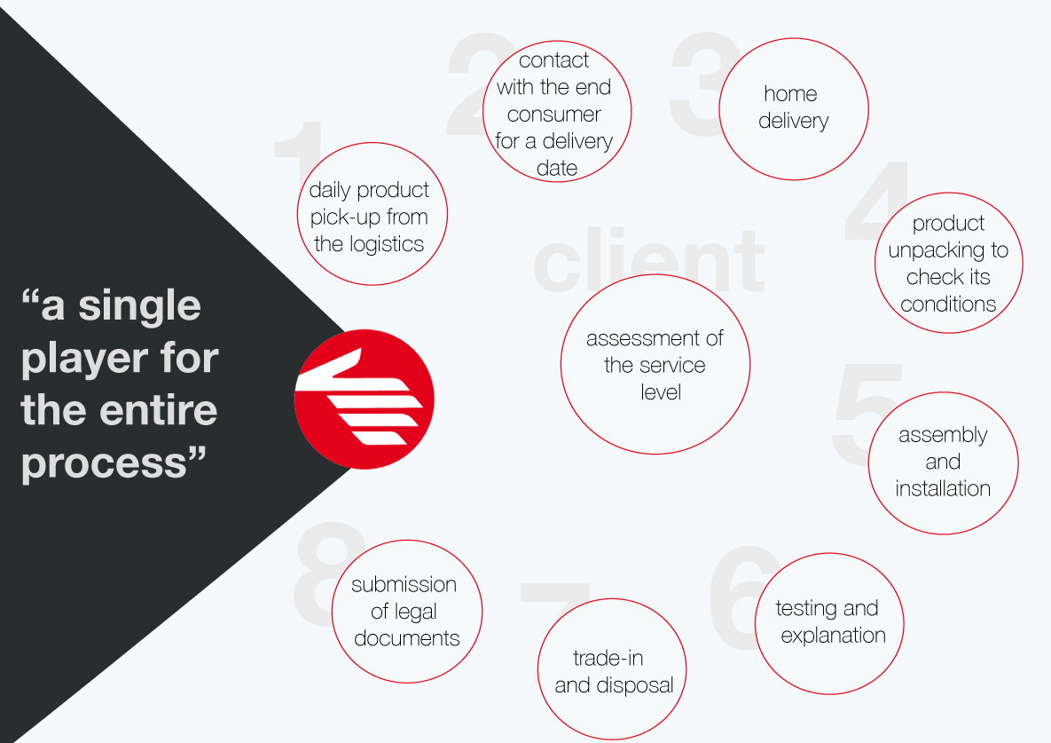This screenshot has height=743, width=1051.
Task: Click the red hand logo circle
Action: tap(364, 399)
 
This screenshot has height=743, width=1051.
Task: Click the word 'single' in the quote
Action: tap(139, 307)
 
